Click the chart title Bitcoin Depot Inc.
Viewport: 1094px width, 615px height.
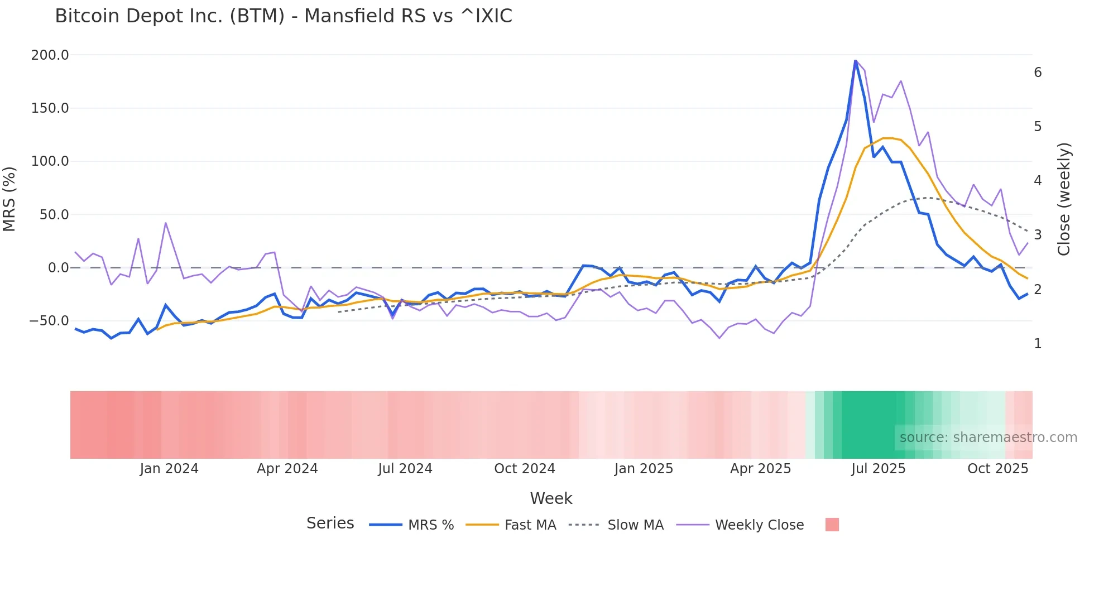point(283,16)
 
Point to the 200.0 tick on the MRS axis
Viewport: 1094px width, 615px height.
point(50,55)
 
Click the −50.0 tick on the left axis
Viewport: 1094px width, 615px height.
point(49,321)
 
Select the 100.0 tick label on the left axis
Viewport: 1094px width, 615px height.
point(50,161)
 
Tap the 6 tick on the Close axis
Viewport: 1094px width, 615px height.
point(1038,73)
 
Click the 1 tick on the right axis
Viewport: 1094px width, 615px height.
point(1038,344)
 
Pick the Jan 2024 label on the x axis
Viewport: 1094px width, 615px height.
point(169,469)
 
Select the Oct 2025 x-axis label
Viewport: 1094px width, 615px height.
point(997,469)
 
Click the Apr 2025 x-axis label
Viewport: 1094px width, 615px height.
point(760,469)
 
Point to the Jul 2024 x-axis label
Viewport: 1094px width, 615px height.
point(405,469)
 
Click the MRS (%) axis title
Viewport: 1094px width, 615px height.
point(9,199)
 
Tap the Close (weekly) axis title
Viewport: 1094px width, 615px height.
point(1064,199)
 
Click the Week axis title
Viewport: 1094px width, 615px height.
point(551,498)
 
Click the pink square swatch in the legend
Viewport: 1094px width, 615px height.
point(832,525)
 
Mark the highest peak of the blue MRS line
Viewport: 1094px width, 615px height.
point(855,61)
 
